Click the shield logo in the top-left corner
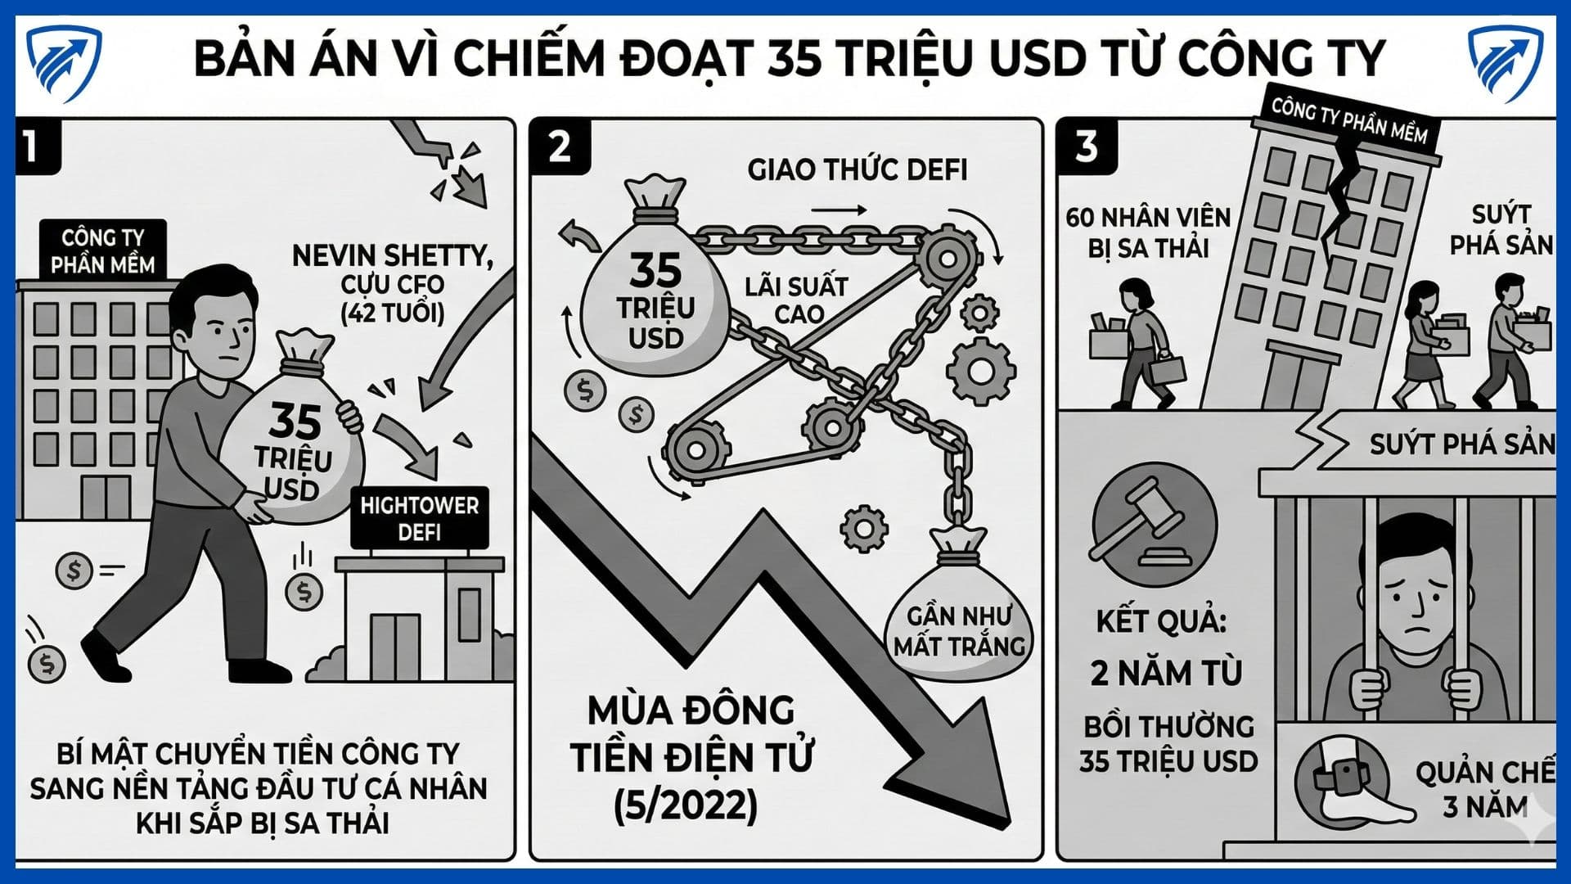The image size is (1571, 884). (x=63, y=64)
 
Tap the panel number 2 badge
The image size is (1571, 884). (x=560, y=147)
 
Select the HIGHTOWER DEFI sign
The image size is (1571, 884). (x=419, y=518)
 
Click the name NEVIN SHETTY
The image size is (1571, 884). (x=392, y=256)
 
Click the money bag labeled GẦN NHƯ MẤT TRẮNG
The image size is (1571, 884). (x=959, y=606)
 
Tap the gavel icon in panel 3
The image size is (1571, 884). (x=1155, y=525)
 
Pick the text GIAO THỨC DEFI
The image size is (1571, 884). (x=857, y=169)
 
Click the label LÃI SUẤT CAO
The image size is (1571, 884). (x=796, y=300)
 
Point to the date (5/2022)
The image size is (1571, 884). (x=686, y=805)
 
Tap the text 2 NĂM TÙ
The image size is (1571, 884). (x=1166, y=674)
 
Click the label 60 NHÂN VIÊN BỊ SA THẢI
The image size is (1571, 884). (x=1148, y=232)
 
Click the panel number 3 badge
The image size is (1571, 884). (x=1087, y=147)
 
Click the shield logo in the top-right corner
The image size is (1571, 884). (x=1506, y=64)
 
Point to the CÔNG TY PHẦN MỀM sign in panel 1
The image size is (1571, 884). (x=103, y=250)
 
